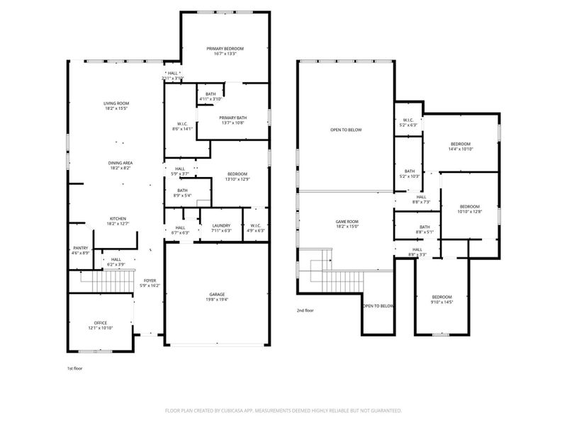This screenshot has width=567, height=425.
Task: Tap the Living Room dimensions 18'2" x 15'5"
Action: [x=117, y=109]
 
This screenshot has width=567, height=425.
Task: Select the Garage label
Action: [x=217, y=294]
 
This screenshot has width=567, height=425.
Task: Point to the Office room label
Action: [x=100, y=322]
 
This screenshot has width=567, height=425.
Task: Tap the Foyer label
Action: [x=150, y=280]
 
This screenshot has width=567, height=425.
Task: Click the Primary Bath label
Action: [x=232, y=118]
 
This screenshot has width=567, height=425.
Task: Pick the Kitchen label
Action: [x=118, y=218]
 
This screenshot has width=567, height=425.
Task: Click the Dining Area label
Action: [x=120, y=163]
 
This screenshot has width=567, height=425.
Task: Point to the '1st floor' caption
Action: [x=75, y=368]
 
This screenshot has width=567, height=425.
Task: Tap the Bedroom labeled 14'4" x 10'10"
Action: [x=460, y=144]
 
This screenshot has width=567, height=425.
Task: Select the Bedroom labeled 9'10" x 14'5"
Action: [x=442, y=297]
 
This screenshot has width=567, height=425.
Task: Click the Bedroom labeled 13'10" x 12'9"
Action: [x=237, y=174]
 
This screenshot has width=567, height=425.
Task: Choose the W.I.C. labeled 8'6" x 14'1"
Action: [x=182, y=125]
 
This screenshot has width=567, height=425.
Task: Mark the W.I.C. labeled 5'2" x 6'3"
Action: [x=408, y=120]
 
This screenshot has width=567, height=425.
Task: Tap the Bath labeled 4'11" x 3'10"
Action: [x=210, y=94]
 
